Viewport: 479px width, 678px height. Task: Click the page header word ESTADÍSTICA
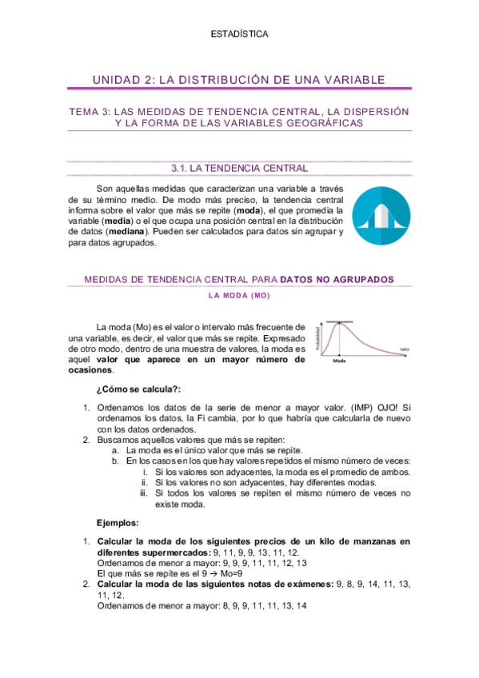click(239, 34)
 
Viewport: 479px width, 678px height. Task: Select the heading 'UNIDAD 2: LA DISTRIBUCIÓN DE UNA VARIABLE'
click(239, 79)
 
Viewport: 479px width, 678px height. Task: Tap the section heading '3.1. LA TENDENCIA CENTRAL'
click(239, 169)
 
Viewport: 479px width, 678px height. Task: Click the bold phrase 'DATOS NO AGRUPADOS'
click(337, 279)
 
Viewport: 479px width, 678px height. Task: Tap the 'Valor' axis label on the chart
click(405, 349)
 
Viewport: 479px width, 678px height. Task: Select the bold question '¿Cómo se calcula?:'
click(138, 389)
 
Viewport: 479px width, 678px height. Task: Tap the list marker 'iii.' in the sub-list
click(144, 494)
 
